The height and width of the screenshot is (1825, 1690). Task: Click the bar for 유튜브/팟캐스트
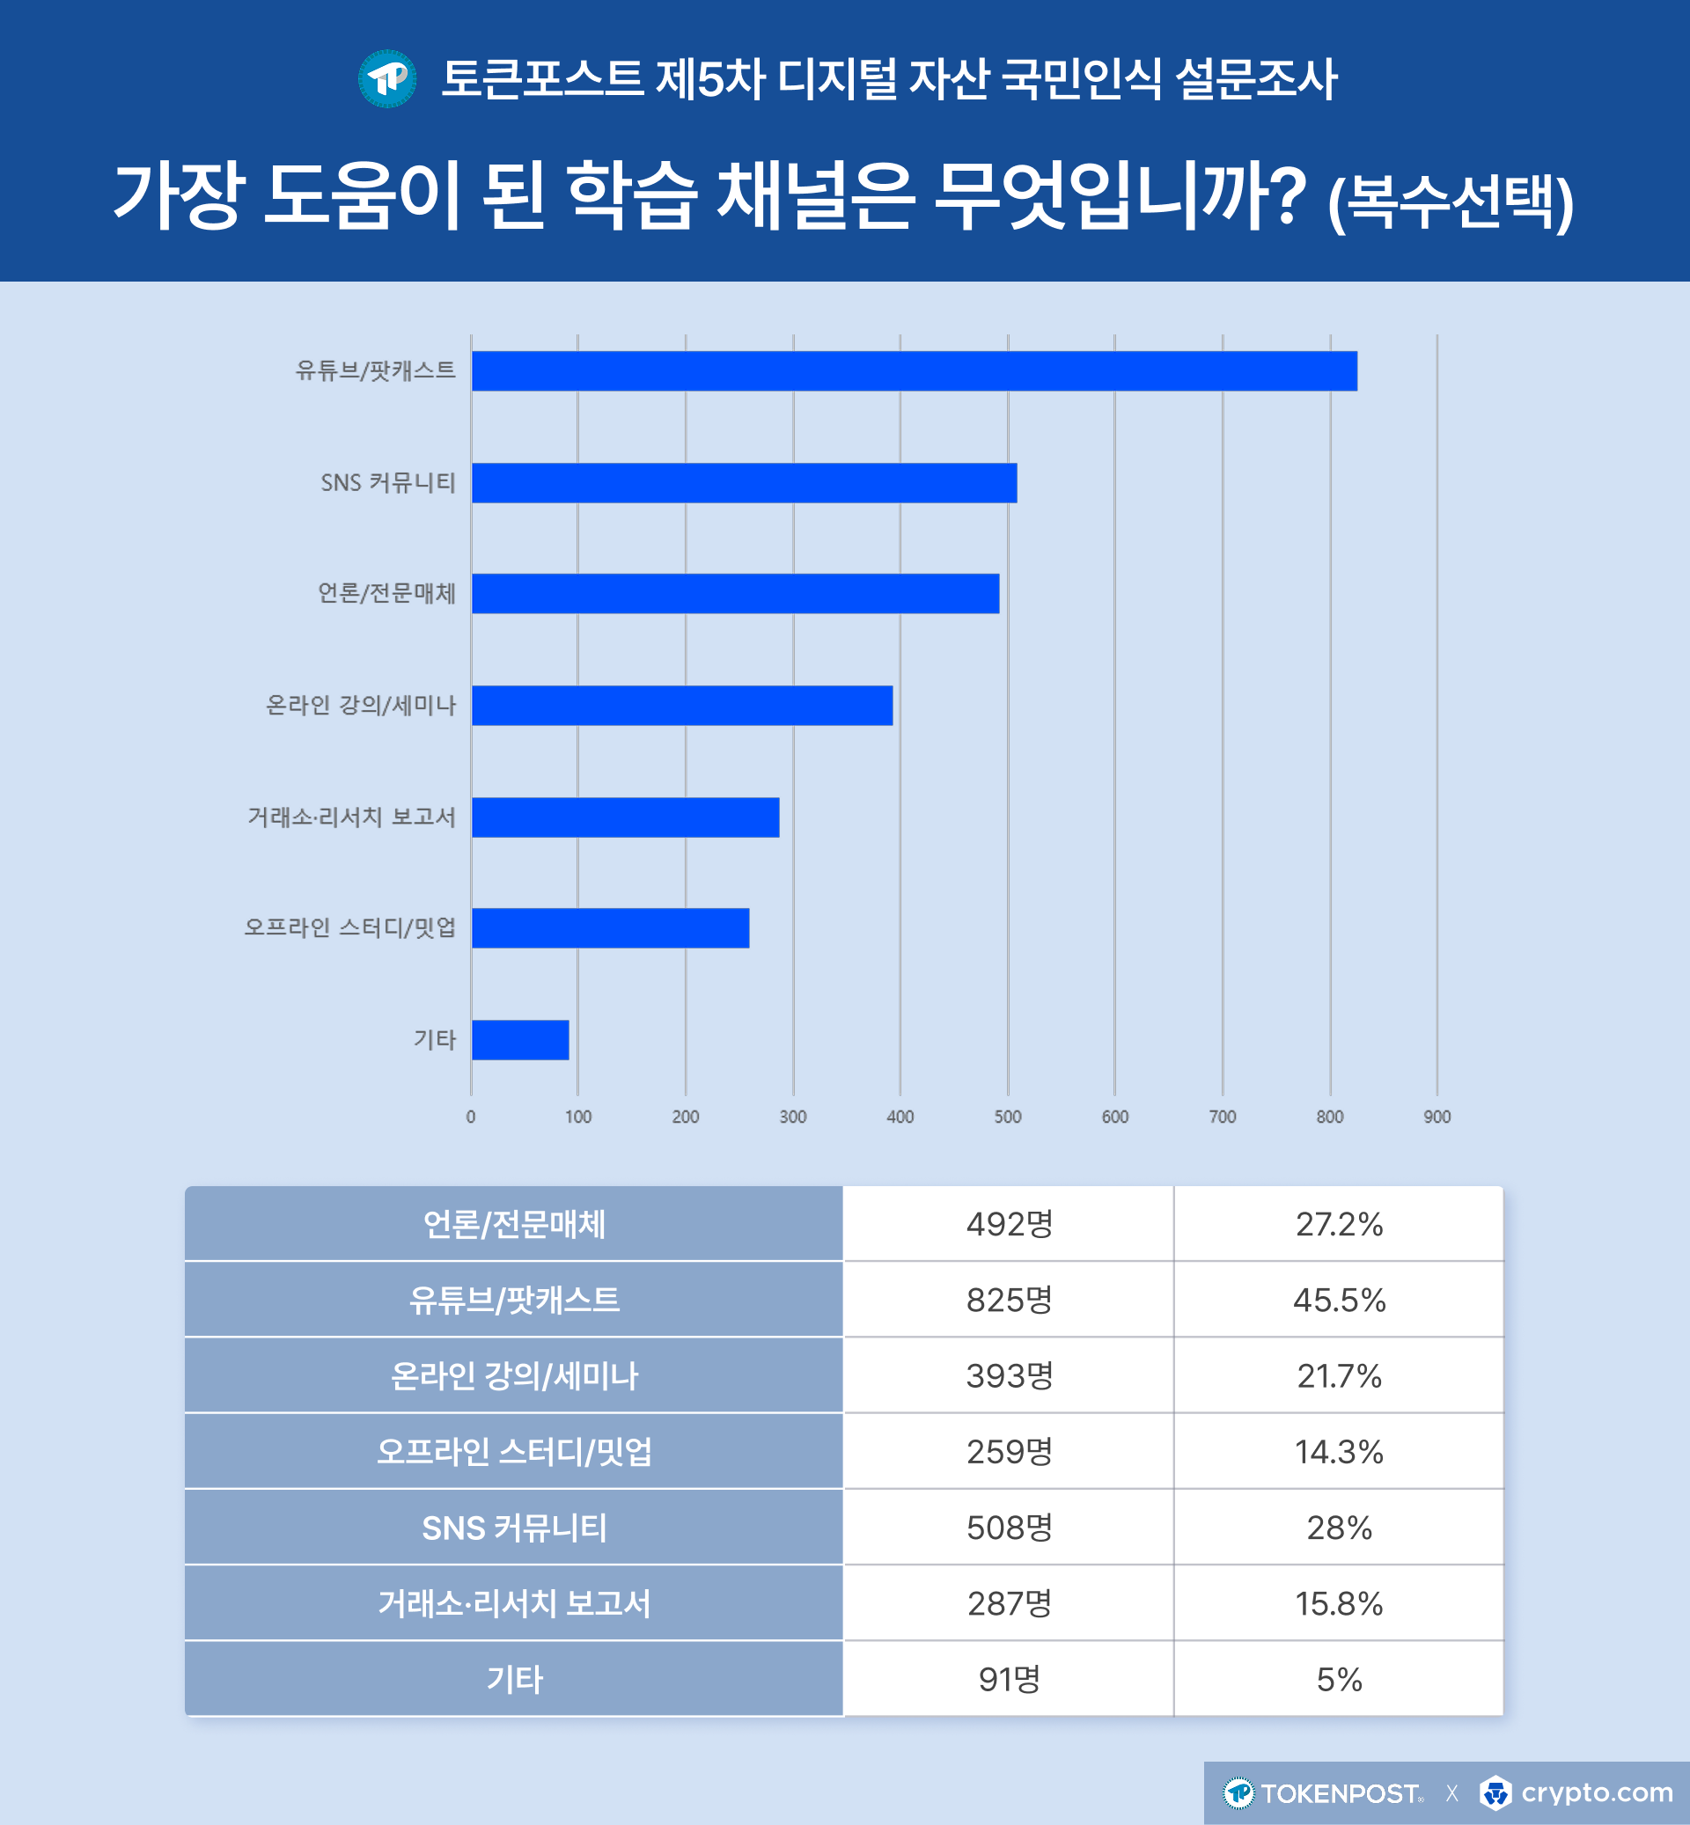point(914,371)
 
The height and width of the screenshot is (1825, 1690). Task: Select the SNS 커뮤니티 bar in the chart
point(744,483)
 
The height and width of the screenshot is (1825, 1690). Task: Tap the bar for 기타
point(519,1039)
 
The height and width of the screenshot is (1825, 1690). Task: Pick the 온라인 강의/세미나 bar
point(681,705)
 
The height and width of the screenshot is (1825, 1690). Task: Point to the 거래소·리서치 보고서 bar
point(625,817)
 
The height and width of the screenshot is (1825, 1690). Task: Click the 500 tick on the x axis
point(1007,1117)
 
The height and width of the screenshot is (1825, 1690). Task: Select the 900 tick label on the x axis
point(1436,1117)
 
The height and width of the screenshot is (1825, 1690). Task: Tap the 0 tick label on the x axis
point(471,1117)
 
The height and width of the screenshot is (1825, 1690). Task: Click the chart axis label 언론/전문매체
point(386,593)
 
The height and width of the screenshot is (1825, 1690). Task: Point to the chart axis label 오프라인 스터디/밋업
point(349,928)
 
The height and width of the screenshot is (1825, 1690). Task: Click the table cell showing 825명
point(1009,1300)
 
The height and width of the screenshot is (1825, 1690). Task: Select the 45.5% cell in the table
point(1338,1300)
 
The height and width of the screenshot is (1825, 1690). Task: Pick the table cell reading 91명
point(1009,1679)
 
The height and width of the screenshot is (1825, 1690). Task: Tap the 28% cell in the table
point(1338,1527)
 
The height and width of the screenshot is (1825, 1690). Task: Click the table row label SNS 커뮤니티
point(514,1527)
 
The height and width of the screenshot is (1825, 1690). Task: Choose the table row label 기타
point(514,1679)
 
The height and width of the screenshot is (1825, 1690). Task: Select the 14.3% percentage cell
point(1338,1451)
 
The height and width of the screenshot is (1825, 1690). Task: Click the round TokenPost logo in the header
point(386,78)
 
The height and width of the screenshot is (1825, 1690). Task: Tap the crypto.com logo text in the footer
point(1596,1792)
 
